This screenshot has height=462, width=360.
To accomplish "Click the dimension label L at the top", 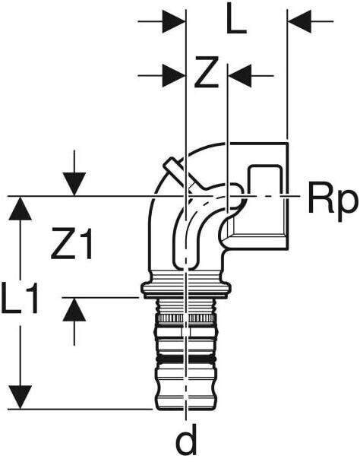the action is click(x=236, y=21).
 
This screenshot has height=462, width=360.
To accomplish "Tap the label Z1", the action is click(x=71, y=244).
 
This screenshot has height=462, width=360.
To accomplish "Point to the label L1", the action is click(x=20, y=297).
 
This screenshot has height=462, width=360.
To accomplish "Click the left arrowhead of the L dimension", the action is click(x=173, y=21).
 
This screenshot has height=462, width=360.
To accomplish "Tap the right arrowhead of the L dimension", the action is click(x=299, y=21).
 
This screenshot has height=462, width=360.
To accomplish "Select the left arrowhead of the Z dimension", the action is click(x=173, y=75).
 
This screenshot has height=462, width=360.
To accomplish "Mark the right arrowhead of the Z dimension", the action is click(x=240, y=75).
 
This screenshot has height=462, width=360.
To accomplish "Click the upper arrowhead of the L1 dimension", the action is click(x=20, y=209).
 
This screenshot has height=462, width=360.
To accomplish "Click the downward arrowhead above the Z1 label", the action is click(x=74, y=184).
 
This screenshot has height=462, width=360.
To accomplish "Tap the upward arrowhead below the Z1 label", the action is click(x=74, y=309).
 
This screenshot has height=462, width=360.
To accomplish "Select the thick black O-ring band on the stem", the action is click(x=186, y=359).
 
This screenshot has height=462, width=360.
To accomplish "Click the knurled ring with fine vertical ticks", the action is click(x=185, y=318).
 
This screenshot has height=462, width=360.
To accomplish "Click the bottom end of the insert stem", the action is click(x=185, y=408).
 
